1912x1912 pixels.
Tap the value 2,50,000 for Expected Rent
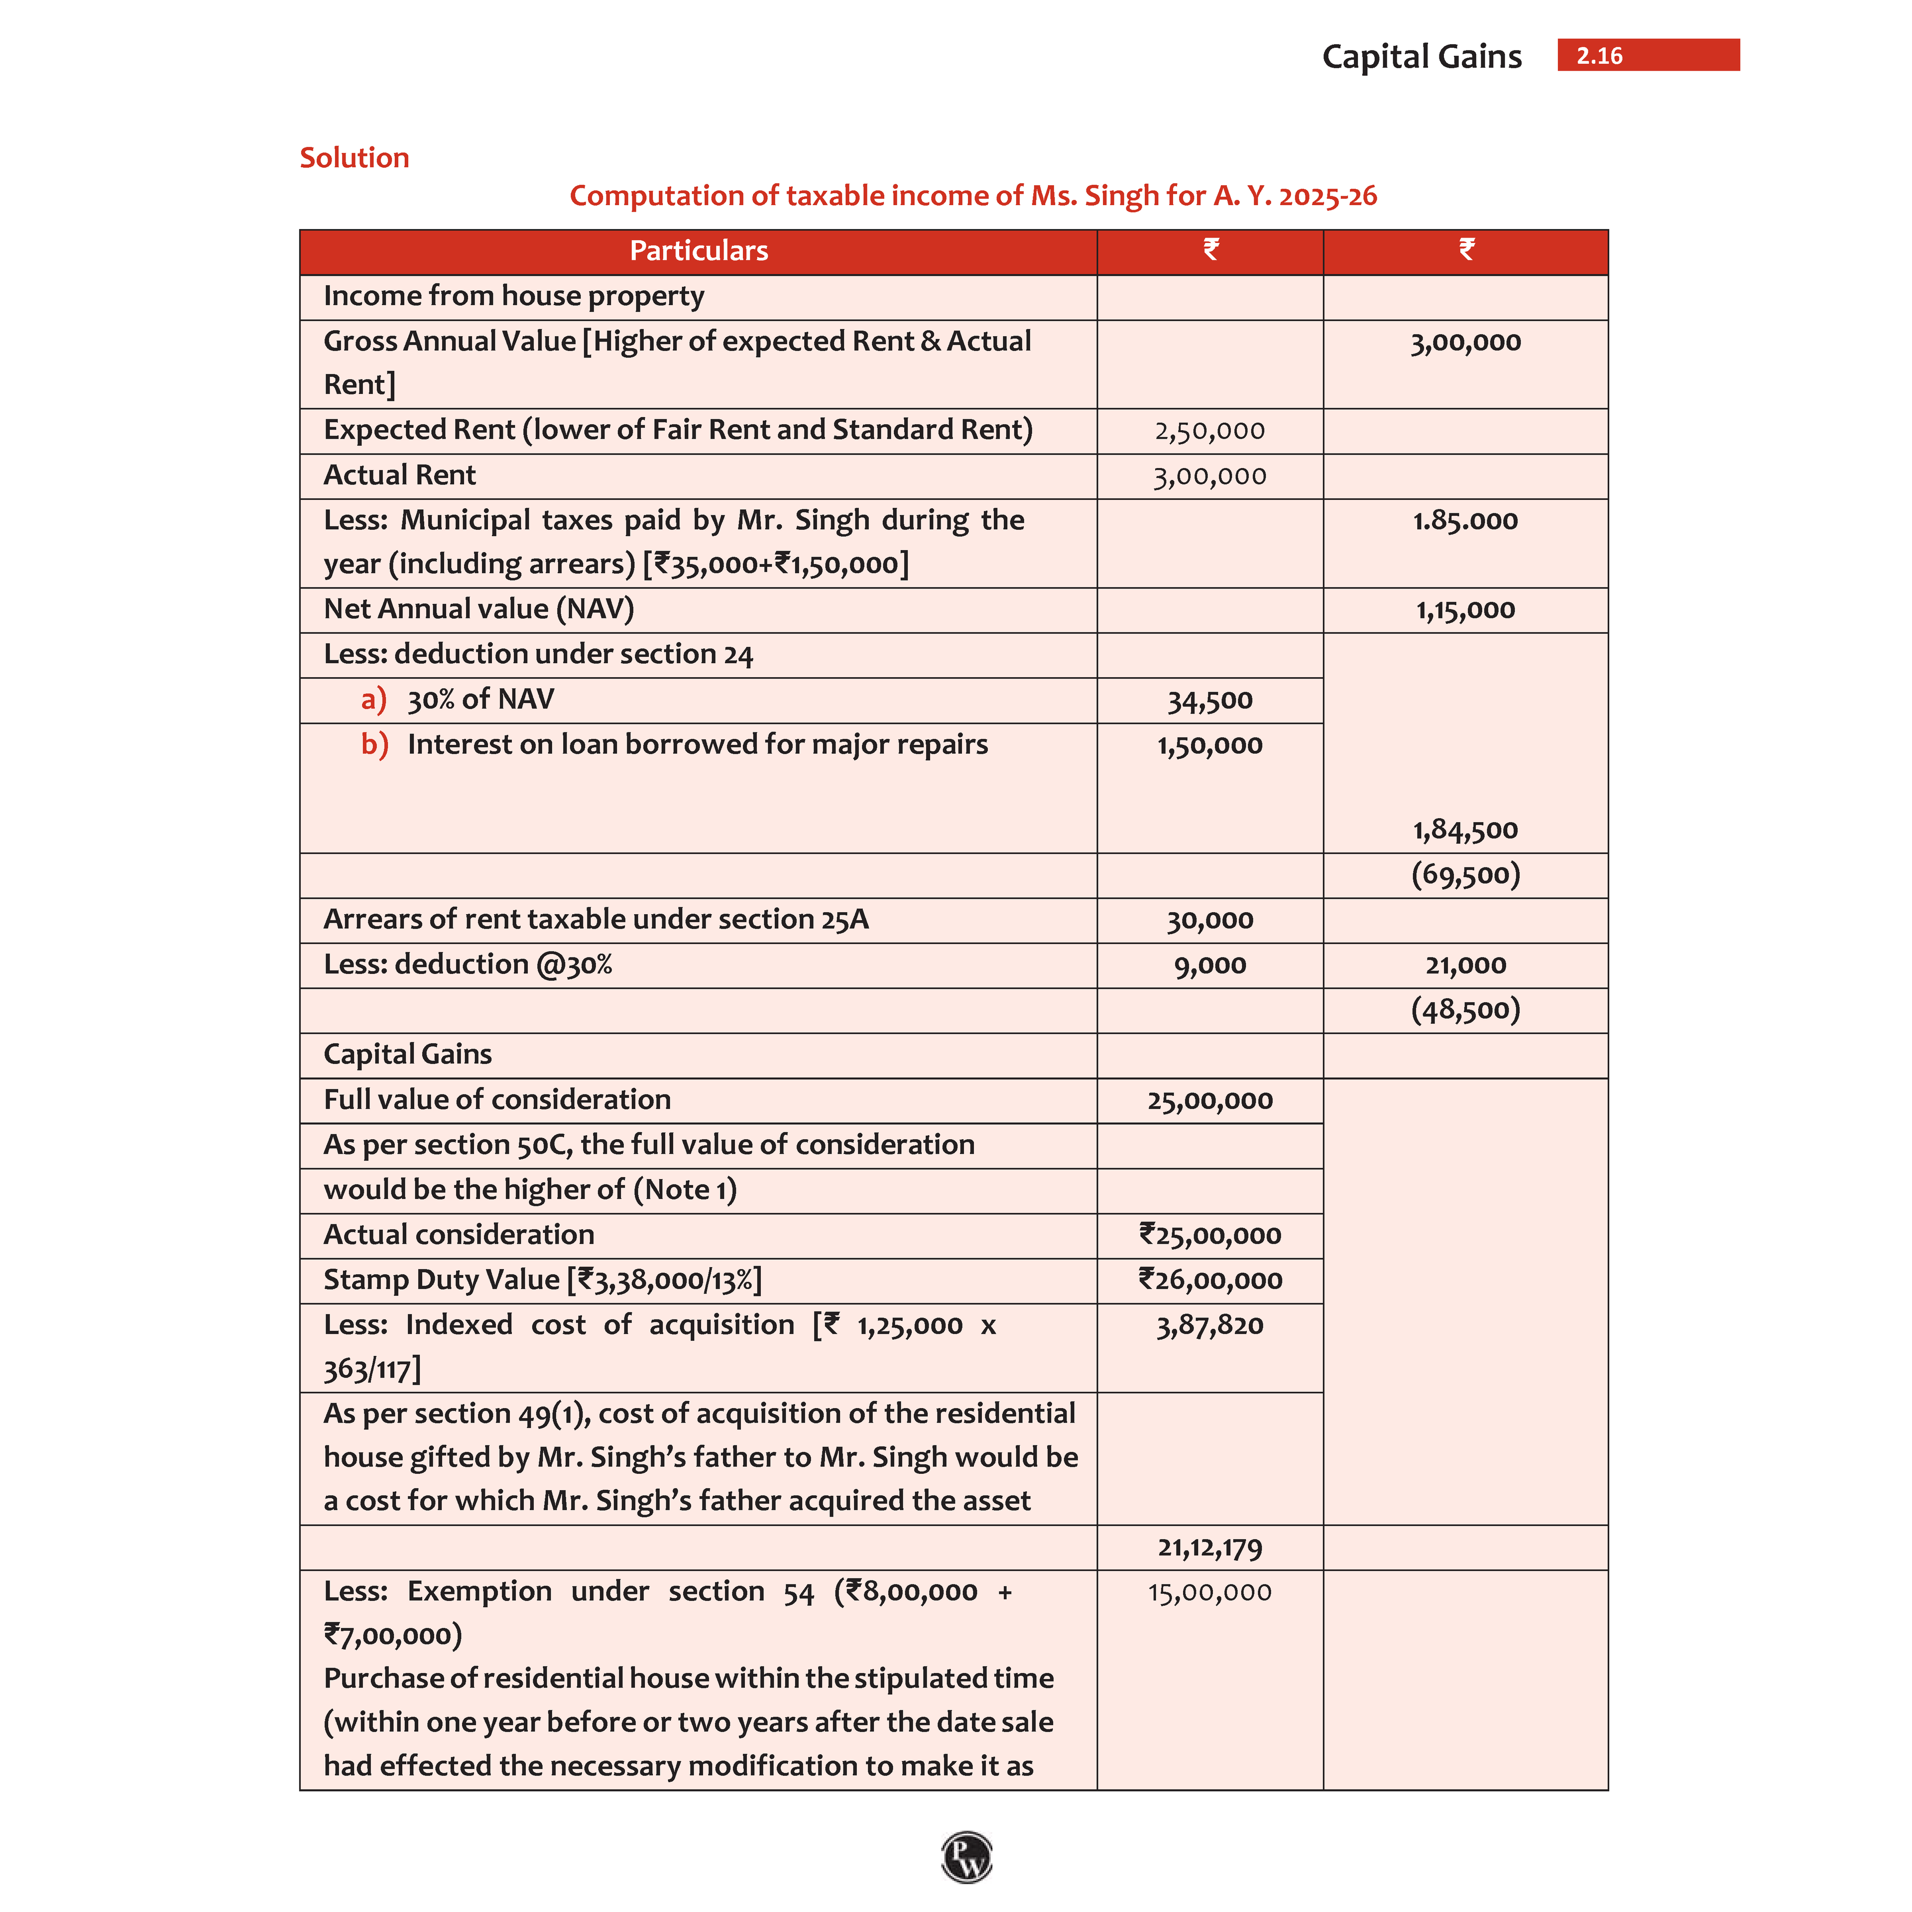click(1209, 431)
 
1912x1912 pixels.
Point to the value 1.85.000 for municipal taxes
click(1465, 520)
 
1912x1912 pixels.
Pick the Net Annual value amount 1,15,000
click(1465, 609)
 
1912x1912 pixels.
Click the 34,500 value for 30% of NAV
click(1209, 701)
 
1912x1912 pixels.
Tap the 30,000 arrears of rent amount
click(1209, 920)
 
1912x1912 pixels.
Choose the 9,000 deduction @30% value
click(1209, 965)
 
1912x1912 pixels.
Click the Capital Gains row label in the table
click(408, 1054)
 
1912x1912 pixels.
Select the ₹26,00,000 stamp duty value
click(1209, 1280)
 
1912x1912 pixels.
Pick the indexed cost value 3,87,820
click(1209, 1325)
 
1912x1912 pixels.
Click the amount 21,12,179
click(1209, 1547)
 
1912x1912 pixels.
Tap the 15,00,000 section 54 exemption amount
click(1209, 1592)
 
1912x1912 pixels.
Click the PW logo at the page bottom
click(966, 1857)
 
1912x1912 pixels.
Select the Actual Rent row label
click(400, 476)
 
